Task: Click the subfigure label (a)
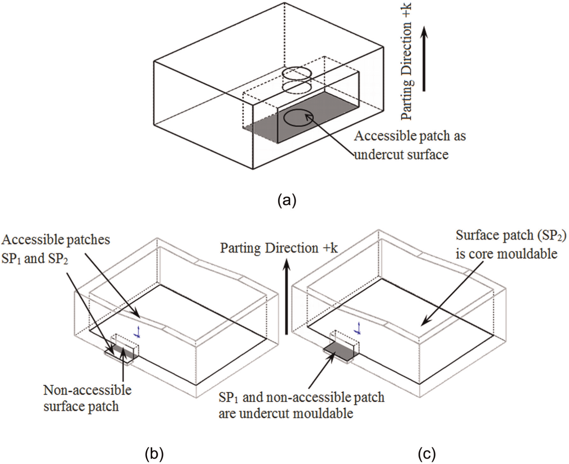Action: pyautogui.click(x=287, y=201)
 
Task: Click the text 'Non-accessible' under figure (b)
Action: pyautogui.click(x=88, y=390)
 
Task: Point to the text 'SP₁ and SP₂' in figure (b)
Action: pyautogui.click(x=35, y=259)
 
